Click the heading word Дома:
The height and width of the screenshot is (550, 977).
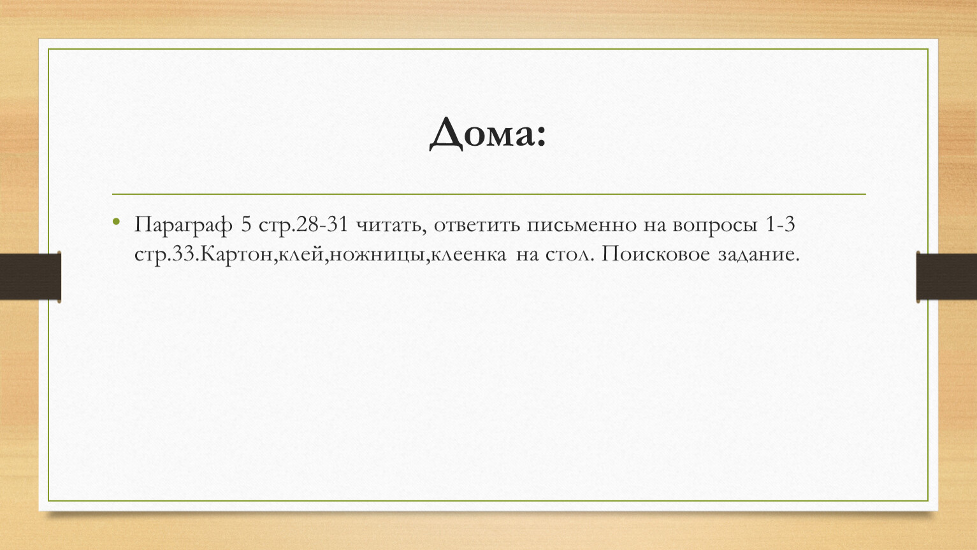tap(488, 133)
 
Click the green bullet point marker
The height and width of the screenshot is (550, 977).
tap(116, 222)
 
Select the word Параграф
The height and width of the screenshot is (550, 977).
tap(183, 225)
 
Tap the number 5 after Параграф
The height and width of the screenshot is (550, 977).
tap(247, 225)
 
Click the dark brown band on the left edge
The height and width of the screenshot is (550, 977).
tap(30, 276)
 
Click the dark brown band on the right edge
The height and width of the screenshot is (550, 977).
tap(946, 276)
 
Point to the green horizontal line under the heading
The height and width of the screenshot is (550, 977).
tap(489, 194)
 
